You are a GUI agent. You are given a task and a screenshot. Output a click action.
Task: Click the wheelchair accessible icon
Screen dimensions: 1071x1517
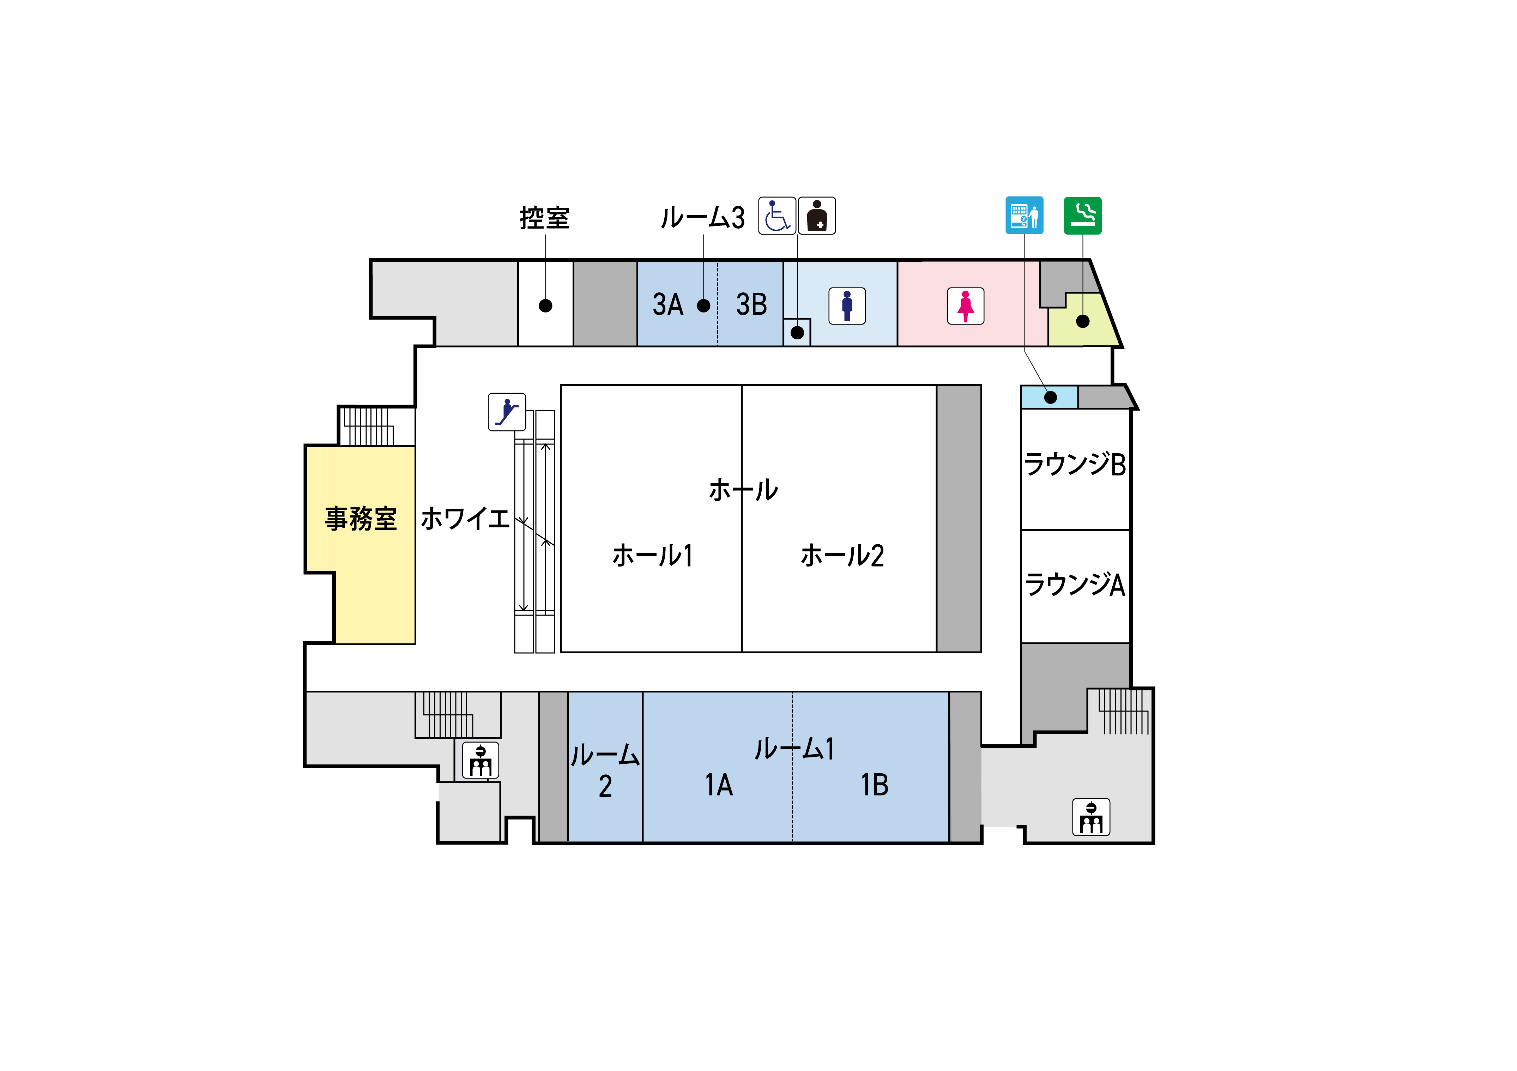tap(776, 216)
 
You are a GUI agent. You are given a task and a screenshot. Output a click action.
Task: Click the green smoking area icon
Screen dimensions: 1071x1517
tap(1082, 216)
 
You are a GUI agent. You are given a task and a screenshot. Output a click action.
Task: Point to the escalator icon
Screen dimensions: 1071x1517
tap(507, 412)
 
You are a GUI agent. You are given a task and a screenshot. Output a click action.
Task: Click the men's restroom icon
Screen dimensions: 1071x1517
tap(847, 306)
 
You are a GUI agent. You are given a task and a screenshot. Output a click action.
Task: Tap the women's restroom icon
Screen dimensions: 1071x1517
tap(965, 306)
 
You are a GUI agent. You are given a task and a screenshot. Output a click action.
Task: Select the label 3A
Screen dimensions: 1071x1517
tap(667, 304)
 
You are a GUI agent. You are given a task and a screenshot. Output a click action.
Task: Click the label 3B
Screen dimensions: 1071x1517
tap(751, 304)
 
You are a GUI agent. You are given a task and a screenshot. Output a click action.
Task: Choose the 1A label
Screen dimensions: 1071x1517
tap(719, 785)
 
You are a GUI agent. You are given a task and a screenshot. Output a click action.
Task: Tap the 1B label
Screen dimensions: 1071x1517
tap(874, 785)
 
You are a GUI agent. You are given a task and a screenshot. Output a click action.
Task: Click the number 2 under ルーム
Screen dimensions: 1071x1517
tap(605, 786)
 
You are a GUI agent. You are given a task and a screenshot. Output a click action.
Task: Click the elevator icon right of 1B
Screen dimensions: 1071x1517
tap(1091, 817)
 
